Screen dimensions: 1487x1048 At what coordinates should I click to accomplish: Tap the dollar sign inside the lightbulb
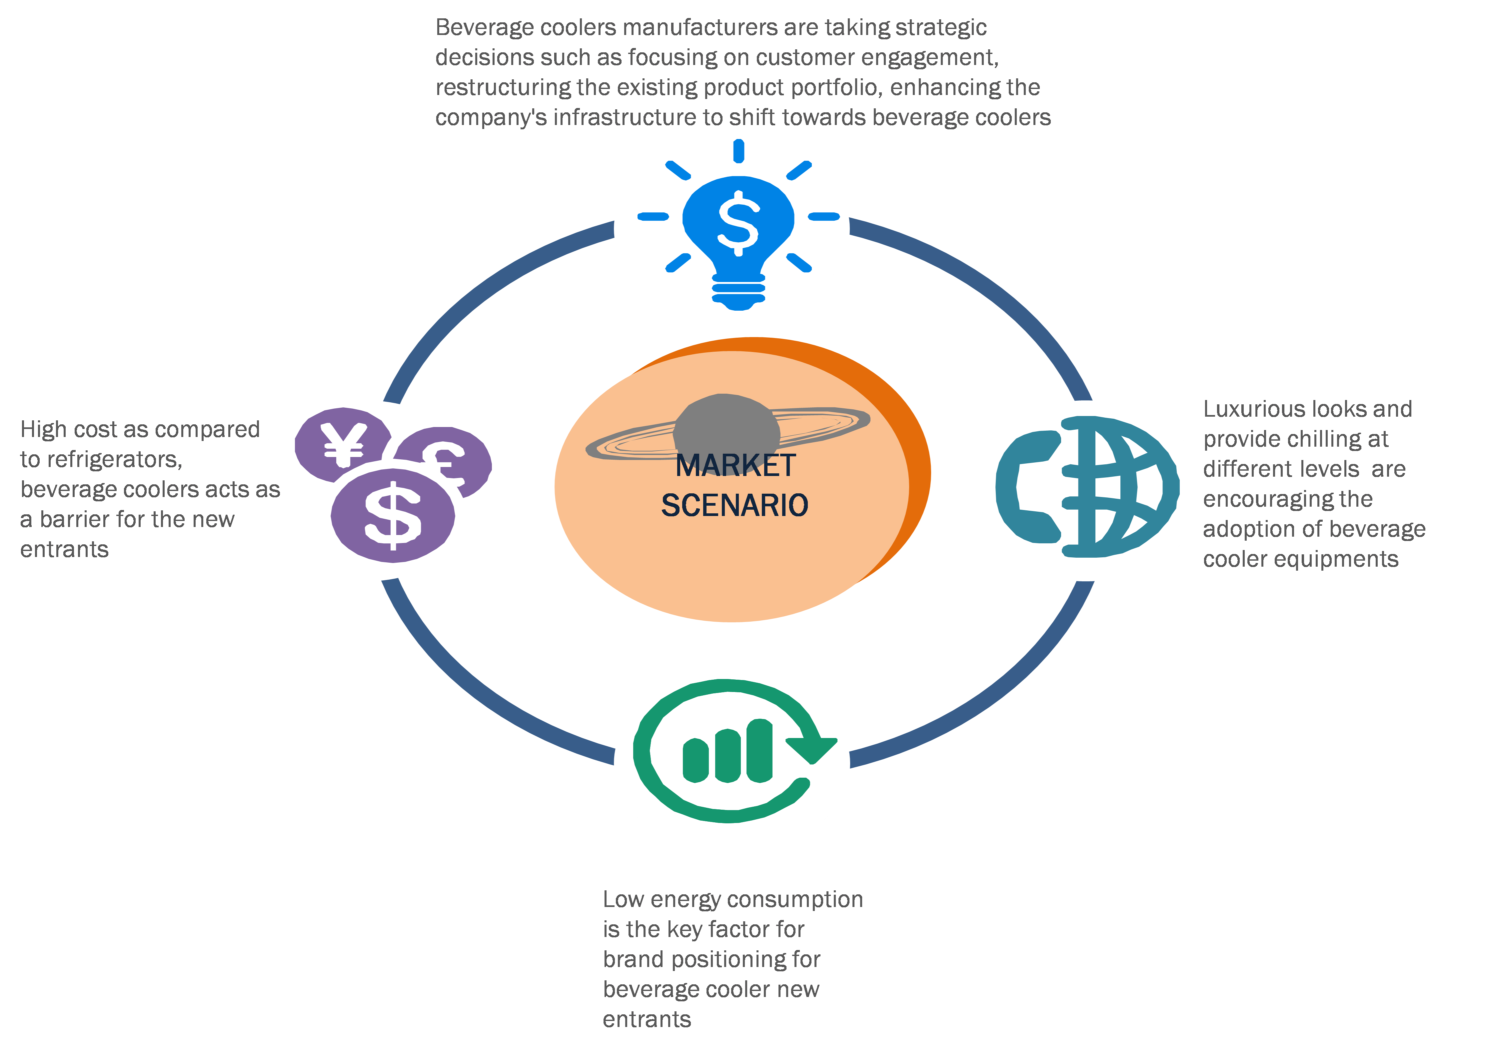[738, 222]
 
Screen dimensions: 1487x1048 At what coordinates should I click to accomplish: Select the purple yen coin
[343, 444]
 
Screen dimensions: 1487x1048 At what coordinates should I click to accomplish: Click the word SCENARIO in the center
[735, 505]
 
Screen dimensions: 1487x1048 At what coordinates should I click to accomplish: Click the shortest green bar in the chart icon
[696, 760]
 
